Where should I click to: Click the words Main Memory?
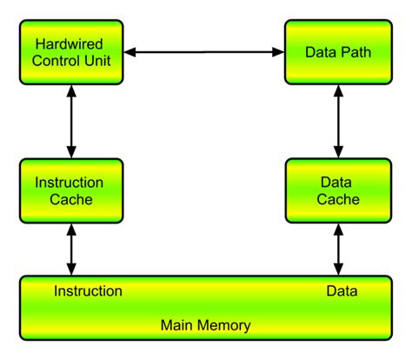click(x=206, y=326)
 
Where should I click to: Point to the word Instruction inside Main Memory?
click(x=88, y=290)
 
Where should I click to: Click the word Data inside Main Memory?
click(x=342, y=290)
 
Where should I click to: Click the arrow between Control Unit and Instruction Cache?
click(x=70, y=121)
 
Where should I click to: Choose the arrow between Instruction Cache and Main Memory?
click(x=70, y=250)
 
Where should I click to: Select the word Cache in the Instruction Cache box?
click(x=70, y=200)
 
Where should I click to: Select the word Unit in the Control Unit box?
click(x=103, y=61)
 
